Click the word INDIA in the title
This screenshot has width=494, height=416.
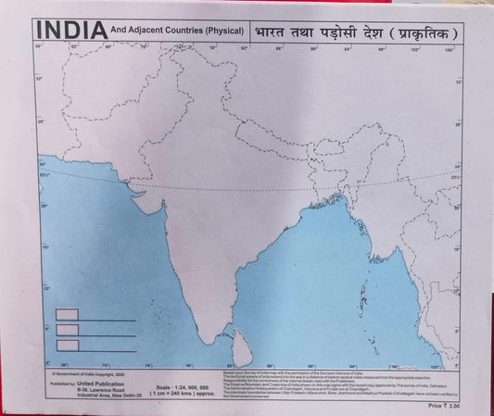pyautogui.click(x=70, y=31)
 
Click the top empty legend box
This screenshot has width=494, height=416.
pyautogui.click(x=67, y=314)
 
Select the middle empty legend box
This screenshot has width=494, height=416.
pyautogui.click(x=67, y=329)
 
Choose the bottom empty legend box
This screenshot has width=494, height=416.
pyautogui.click(x=67, y=345)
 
